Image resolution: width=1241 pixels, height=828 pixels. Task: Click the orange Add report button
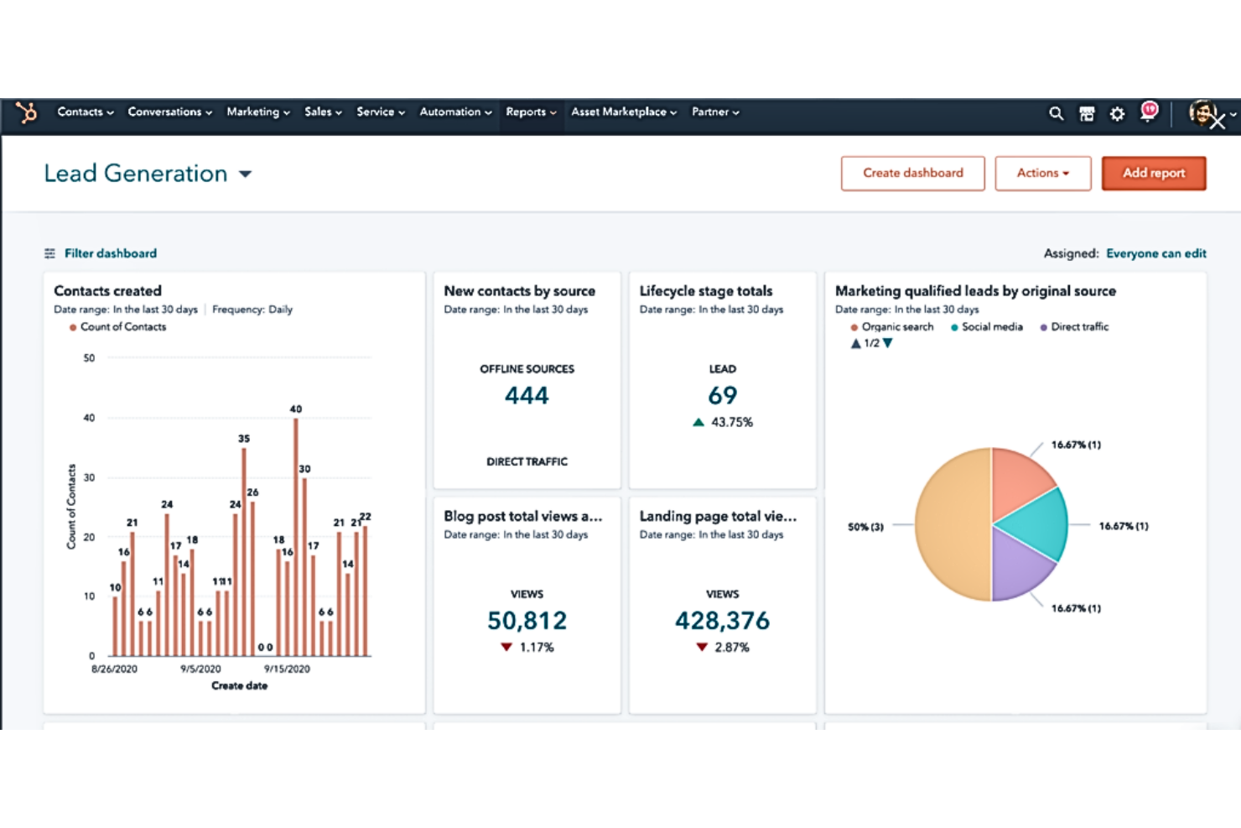point(1153,174)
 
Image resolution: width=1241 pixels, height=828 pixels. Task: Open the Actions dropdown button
point(1042,174)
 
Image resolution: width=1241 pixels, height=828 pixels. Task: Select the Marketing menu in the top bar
point(257,112)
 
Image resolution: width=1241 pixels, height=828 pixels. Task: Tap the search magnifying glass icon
point(1056,113)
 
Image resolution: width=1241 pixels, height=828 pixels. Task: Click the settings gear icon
point(1117,114)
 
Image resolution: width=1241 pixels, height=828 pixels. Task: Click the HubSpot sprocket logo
point(27,112)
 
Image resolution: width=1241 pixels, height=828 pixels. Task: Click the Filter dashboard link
point(110,253)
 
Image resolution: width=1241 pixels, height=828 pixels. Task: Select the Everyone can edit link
point(1155,253)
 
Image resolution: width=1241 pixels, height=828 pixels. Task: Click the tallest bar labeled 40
point(296,537)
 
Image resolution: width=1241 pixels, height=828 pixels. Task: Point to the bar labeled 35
point(244,551)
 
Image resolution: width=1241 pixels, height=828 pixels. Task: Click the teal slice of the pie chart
point(1036,523)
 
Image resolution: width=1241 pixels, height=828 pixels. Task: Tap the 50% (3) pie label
point(865,527)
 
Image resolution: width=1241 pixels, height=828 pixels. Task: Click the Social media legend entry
point(991,327)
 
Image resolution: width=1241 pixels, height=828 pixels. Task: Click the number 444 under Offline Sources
point(527,395)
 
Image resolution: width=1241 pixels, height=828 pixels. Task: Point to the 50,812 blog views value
point(527,621)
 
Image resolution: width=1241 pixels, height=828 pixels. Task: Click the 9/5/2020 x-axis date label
point(200,669)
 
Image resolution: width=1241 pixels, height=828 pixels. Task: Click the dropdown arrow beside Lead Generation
point(246,174)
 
